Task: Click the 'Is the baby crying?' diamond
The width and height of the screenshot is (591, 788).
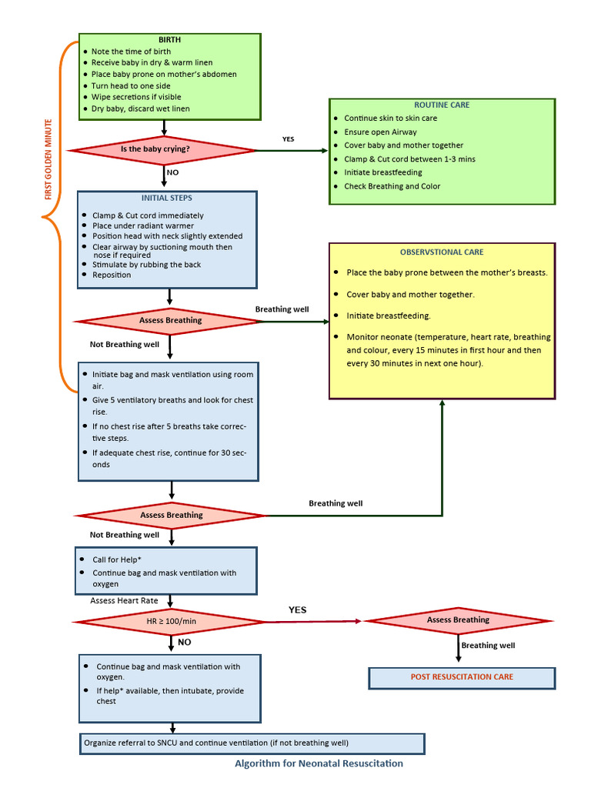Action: pos(163,149)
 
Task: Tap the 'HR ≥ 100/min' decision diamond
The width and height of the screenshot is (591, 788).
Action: pos(170,621)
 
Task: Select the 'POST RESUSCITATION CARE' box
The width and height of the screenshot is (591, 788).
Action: pos(462,677)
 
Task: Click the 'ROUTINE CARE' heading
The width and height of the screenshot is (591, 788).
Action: pos(442,105)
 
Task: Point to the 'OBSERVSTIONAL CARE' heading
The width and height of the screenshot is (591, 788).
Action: pos(442,252)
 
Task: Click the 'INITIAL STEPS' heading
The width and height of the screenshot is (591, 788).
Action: pos(167,198)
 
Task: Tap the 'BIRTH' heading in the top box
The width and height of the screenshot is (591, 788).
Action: pos(170,39)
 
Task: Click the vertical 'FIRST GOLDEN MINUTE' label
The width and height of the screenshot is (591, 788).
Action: pos(48,159)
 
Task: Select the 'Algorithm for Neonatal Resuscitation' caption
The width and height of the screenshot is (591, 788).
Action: pos(319,763)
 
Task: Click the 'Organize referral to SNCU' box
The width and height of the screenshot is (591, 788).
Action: pos(252,743)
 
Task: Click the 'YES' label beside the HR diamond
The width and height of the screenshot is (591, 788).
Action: pos(297,609)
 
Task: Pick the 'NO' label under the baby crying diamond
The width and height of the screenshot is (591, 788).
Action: pos(172,172)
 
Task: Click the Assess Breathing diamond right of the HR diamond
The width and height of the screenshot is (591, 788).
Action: pos(458,620)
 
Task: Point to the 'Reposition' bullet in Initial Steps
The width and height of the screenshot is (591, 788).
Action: pos(112,275)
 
